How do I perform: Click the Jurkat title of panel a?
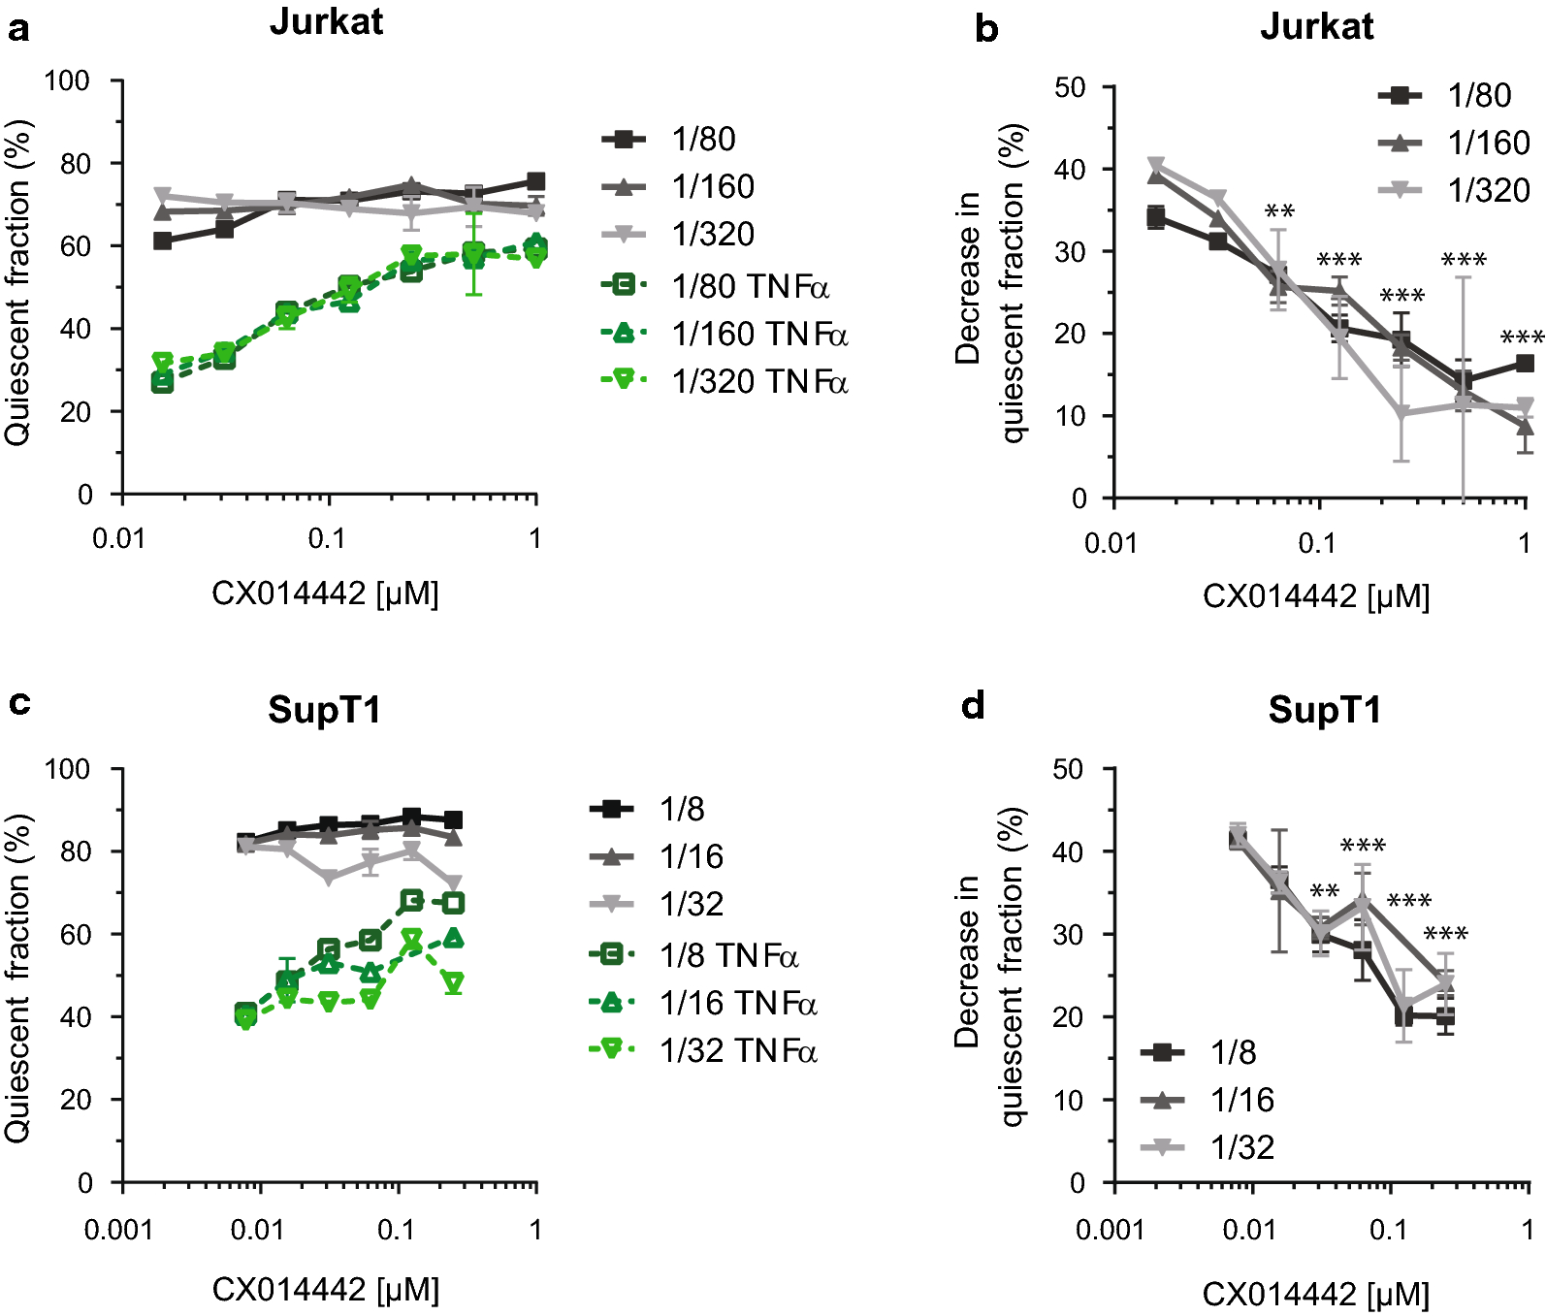pos(326,21)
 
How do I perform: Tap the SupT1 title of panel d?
pos(1324,710)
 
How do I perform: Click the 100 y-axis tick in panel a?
pos(68,80)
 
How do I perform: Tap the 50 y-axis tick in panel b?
pos(1070,87)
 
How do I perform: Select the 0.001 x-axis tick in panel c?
pos(118,1230)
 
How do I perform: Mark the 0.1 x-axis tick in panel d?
pos(1388,1230)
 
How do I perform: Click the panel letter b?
pos(986,29)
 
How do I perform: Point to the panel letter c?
pos(18,702)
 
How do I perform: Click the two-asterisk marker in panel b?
pos(1279,211)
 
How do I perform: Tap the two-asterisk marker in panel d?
pos(1324,891)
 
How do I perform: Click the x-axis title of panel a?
pos(326,593)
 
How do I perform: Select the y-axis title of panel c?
pos(18,977)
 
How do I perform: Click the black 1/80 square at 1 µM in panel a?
pos(535,181)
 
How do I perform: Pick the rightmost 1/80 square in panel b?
pos(1525,364)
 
